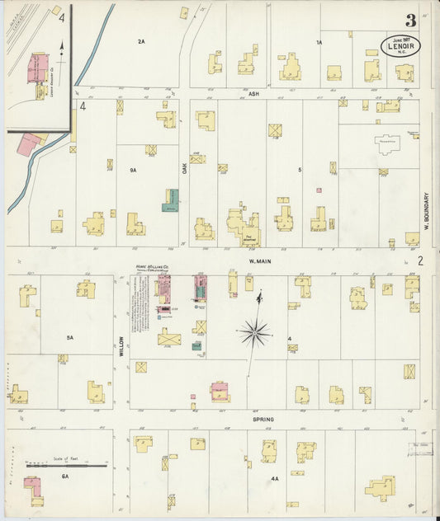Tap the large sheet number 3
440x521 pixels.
[x=409, y=21]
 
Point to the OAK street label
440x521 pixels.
[x=185, y=167]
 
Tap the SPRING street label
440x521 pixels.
[x=263, y=419]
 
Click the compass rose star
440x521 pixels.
[x=255, y=333]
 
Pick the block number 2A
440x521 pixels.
[x=141, y=40]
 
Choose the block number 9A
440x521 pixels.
[x=132, y=170]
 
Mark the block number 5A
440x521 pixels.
[x=70, y=337]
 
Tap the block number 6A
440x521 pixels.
[x=65, y=476]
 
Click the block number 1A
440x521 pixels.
[x=318, y=41]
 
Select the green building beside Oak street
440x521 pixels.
[x=171, y=199]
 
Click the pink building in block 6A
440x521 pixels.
[x=31, y=486]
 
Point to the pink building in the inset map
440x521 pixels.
[x=38, y=68]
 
